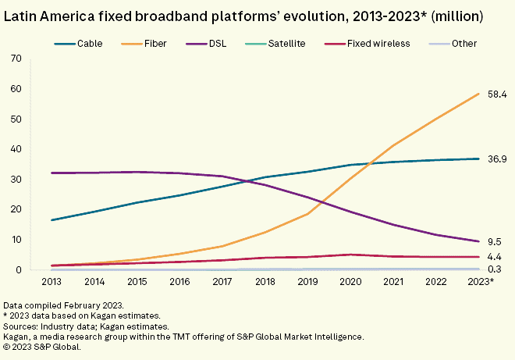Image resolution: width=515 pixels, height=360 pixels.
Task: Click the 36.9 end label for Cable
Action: (496, 159)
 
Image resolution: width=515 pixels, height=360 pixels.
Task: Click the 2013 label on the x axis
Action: (52, 280)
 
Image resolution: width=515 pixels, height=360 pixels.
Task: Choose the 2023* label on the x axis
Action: (480, 280)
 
